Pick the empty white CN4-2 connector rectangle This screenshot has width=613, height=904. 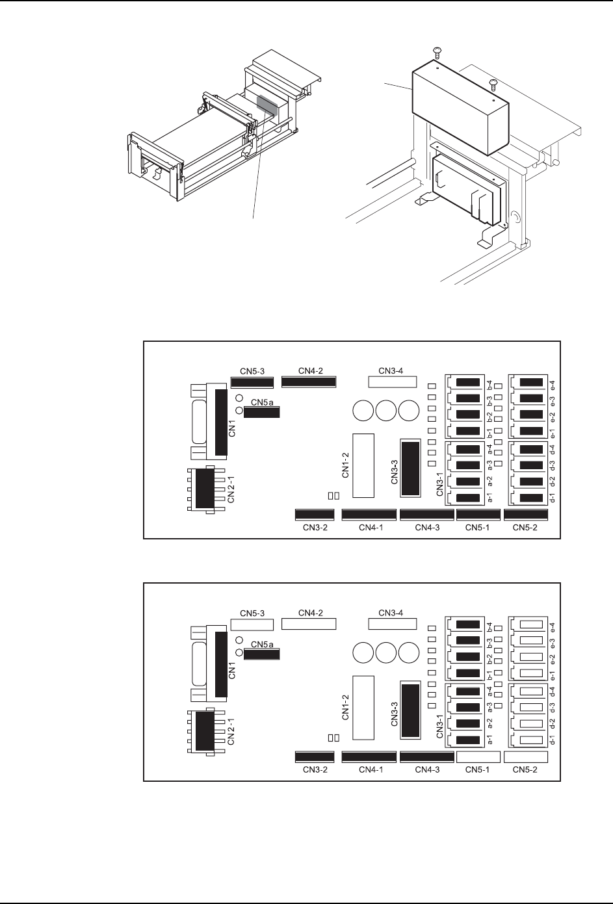click(x=308, y=624)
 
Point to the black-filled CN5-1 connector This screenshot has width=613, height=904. click(x=478, y=515)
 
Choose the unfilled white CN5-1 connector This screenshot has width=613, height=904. click(x=478, y=756)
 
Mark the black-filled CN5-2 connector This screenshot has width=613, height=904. click(x=526, y=515)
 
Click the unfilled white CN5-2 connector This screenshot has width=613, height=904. click(x=526, y=756)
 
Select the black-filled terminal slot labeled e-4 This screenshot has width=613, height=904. click(x=531, y=382)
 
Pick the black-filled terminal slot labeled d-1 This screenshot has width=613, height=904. click(x=531, y=498)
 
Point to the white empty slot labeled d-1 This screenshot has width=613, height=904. click(x=531, y=740)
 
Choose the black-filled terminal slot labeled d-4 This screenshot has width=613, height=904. click(x=531, y=448)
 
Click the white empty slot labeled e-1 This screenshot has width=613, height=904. click(x=531, y=673)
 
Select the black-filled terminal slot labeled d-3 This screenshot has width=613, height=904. click(x=531, y=465)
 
